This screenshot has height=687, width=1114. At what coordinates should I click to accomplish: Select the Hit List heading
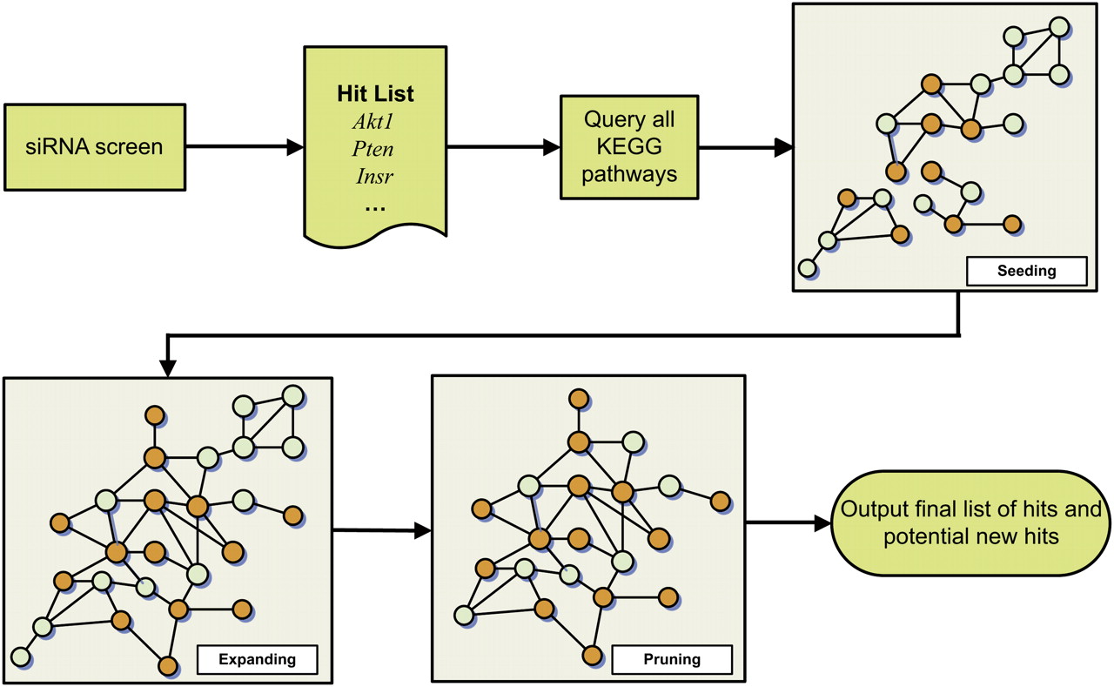[x=375, y=94]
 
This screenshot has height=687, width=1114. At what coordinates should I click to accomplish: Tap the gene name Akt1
[x=375, y=122]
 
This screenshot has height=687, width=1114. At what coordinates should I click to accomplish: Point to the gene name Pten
[x=375, y=149]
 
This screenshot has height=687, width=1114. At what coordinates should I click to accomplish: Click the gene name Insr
[x=375, y=177]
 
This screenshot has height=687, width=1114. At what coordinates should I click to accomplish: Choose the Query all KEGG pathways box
[x=629, y=146]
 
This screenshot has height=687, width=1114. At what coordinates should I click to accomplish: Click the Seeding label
[x=1027, y=271]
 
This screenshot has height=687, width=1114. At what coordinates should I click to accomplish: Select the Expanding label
[x=258, y=659]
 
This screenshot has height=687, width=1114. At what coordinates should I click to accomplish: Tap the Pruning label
[x=672, y=659]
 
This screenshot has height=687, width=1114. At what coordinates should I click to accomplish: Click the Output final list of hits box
[x=970, y=522]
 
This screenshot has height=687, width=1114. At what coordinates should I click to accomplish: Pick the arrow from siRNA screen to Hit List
[x=244, y=147]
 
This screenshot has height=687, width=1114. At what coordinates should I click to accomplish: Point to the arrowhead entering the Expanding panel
[x=169, y=368]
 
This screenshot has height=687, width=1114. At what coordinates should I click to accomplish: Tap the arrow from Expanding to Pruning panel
[x=383, y=529]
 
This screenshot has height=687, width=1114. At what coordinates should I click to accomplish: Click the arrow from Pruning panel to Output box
[x=789, y=523]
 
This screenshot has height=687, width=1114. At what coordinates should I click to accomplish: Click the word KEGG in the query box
[x=629, y=146]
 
